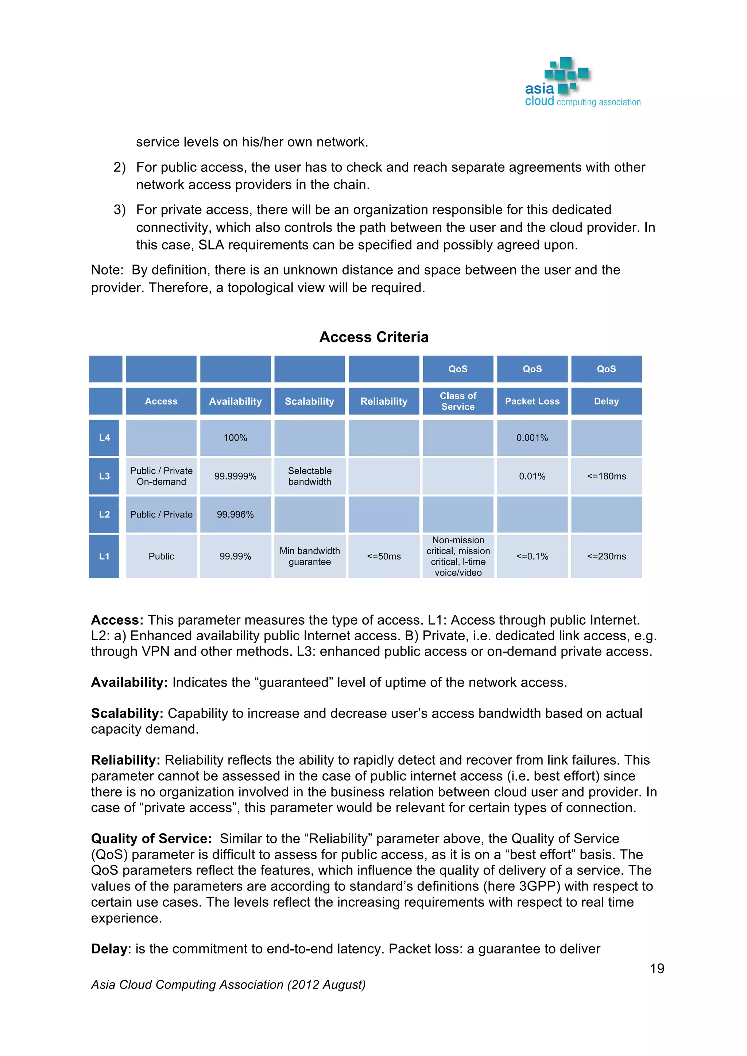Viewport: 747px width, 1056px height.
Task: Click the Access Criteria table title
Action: [x=373, y=337]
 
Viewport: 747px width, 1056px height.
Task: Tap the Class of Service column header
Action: [x=458, y=401]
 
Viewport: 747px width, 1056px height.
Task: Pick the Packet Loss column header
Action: [x=532, y=401]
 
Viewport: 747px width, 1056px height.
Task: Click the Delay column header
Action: [x=606, y=401]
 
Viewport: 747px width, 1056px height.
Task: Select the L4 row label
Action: [x=104, y=438]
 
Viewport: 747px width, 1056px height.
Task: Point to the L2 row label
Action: [x=104, y=514]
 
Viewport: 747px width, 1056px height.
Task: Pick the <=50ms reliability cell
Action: [x=384, y=556]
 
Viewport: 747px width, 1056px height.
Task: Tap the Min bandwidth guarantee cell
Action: [x=310, y=556]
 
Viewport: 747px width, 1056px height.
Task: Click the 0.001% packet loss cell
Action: [x=532, y=438]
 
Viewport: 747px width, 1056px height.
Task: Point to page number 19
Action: [x=657, y=968]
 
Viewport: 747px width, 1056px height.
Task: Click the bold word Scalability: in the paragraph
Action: [x=127, y=713]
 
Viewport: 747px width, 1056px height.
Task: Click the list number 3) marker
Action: [x=120, y=210]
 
